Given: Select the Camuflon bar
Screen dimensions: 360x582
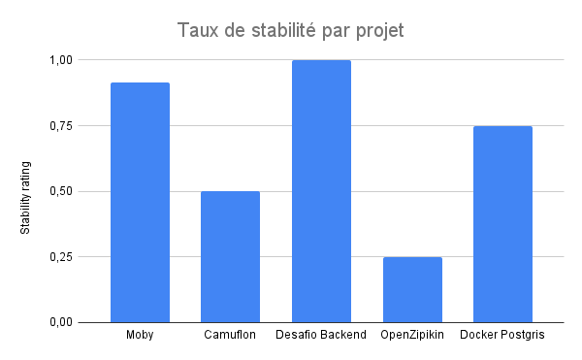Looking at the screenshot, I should click(230, 256).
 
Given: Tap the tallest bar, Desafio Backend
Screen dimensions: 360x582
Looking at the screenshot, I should click(321, 191).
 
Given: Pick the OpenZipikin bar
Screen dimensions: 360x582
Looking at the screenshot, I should click(412, 289).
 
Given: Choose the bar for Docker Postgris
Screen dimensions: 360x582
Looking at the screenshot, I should click(502, 224).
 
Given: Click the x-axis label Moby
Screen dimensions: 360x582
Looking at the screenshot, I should click(140, 336).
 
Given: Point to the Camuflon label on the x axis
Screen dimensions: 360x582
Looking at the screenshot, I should click(230, 336).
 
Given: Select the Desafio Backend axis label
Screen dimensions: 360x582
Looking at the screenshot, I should click(321, 336).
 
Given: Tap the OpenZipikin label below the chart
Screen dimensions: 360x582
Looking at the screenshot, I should click(412, 336).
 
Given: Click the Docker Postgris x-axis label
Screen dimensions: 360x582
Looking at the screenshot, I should click(502, 336).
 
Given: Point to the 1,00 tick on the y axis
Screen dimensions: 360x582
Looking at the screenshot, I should click(60, 60).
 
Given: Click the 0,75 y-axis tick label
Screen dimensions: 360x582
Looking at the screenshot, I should click(60, 126).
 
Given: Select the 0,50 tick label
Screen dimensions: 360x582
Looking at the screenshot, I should click(60, 191).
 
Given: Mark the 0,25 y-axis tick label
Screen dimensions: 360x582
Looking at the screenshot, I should click(60, 257).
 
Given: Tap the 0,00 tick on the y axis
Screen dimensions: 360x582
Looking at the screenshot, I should click(60, 322).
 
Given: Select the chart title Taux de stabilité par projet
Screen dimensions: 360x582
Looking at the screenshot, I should click(290, 31).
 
